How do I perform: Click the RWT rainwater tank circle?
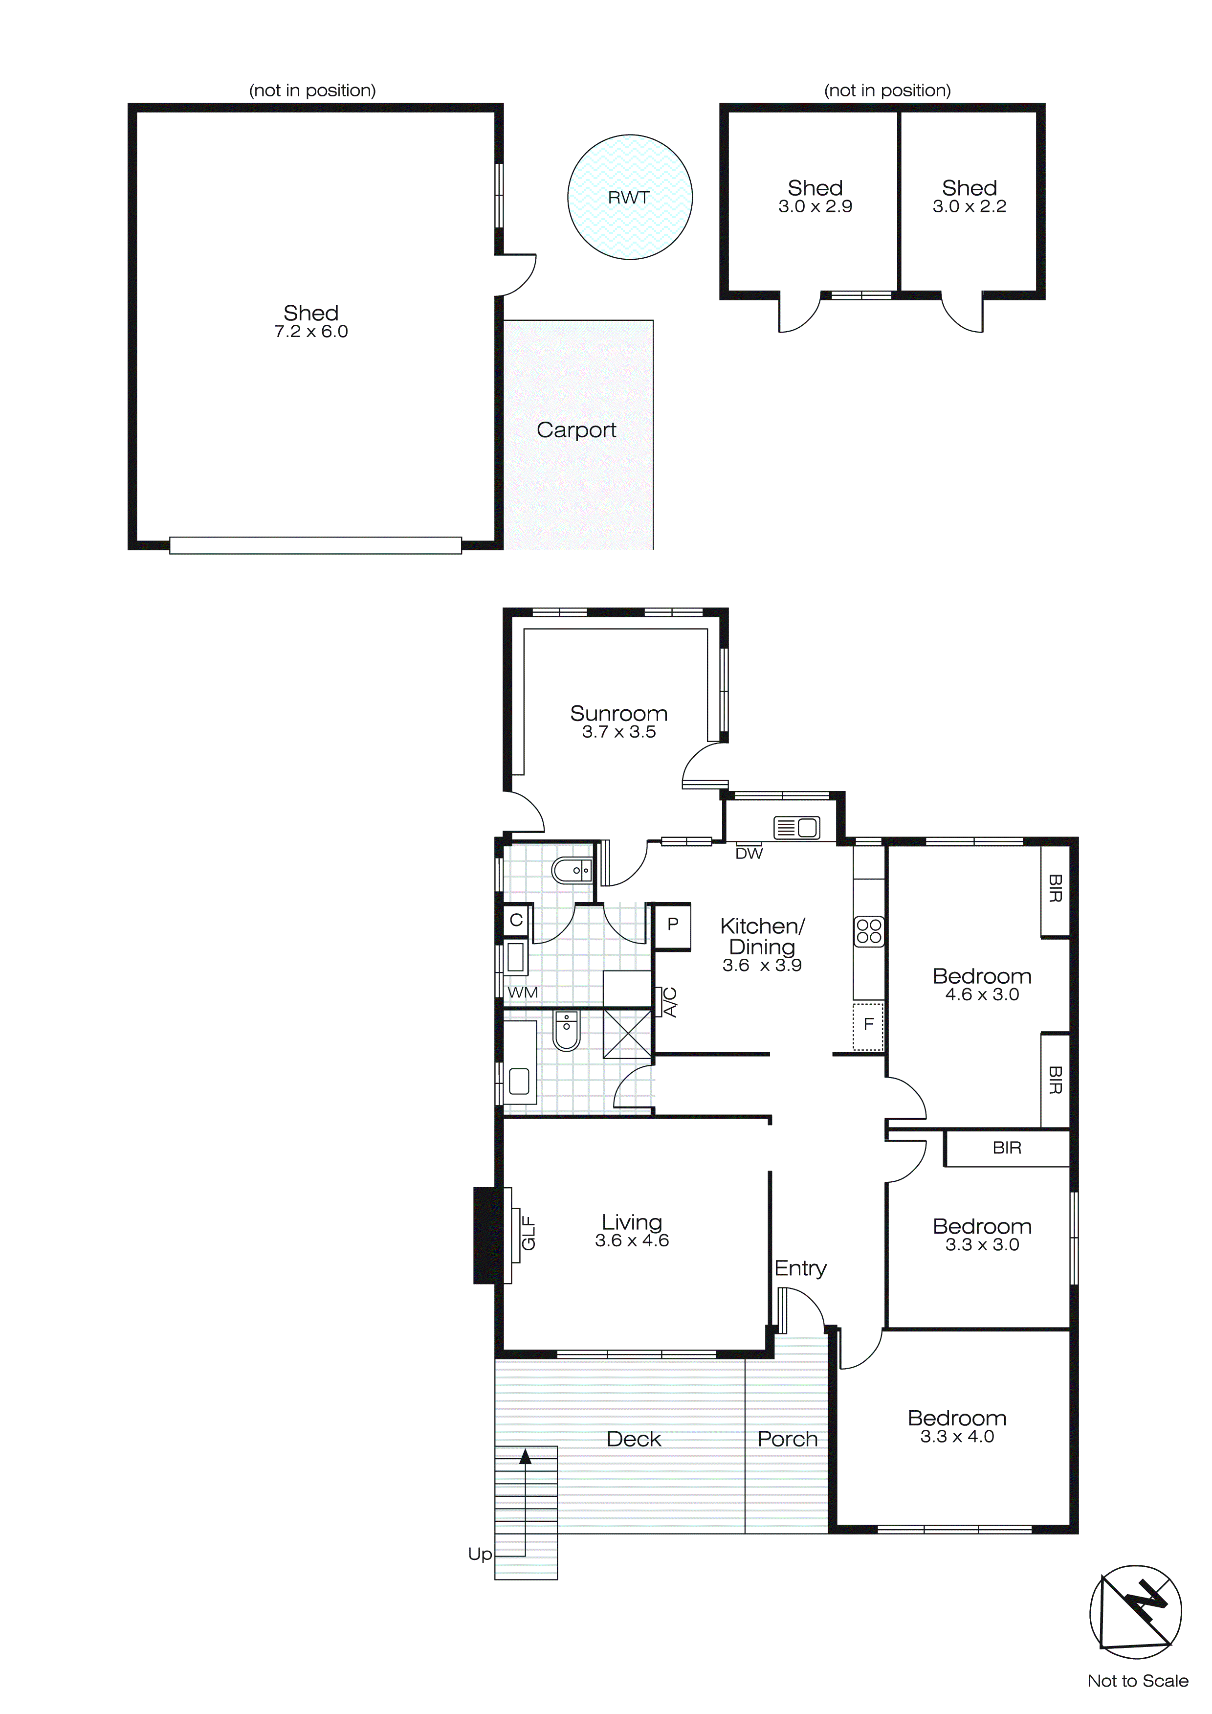[629, 197]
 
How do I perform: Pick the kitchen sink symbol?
[796, 827]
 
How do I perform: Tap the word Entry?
[800, 1268]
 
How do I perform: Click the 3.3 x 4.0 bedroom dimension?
[957, 1437]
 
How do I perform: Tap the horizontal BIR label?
[1006, 1148]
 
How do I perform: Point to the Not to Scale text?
[1137, 1681]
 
